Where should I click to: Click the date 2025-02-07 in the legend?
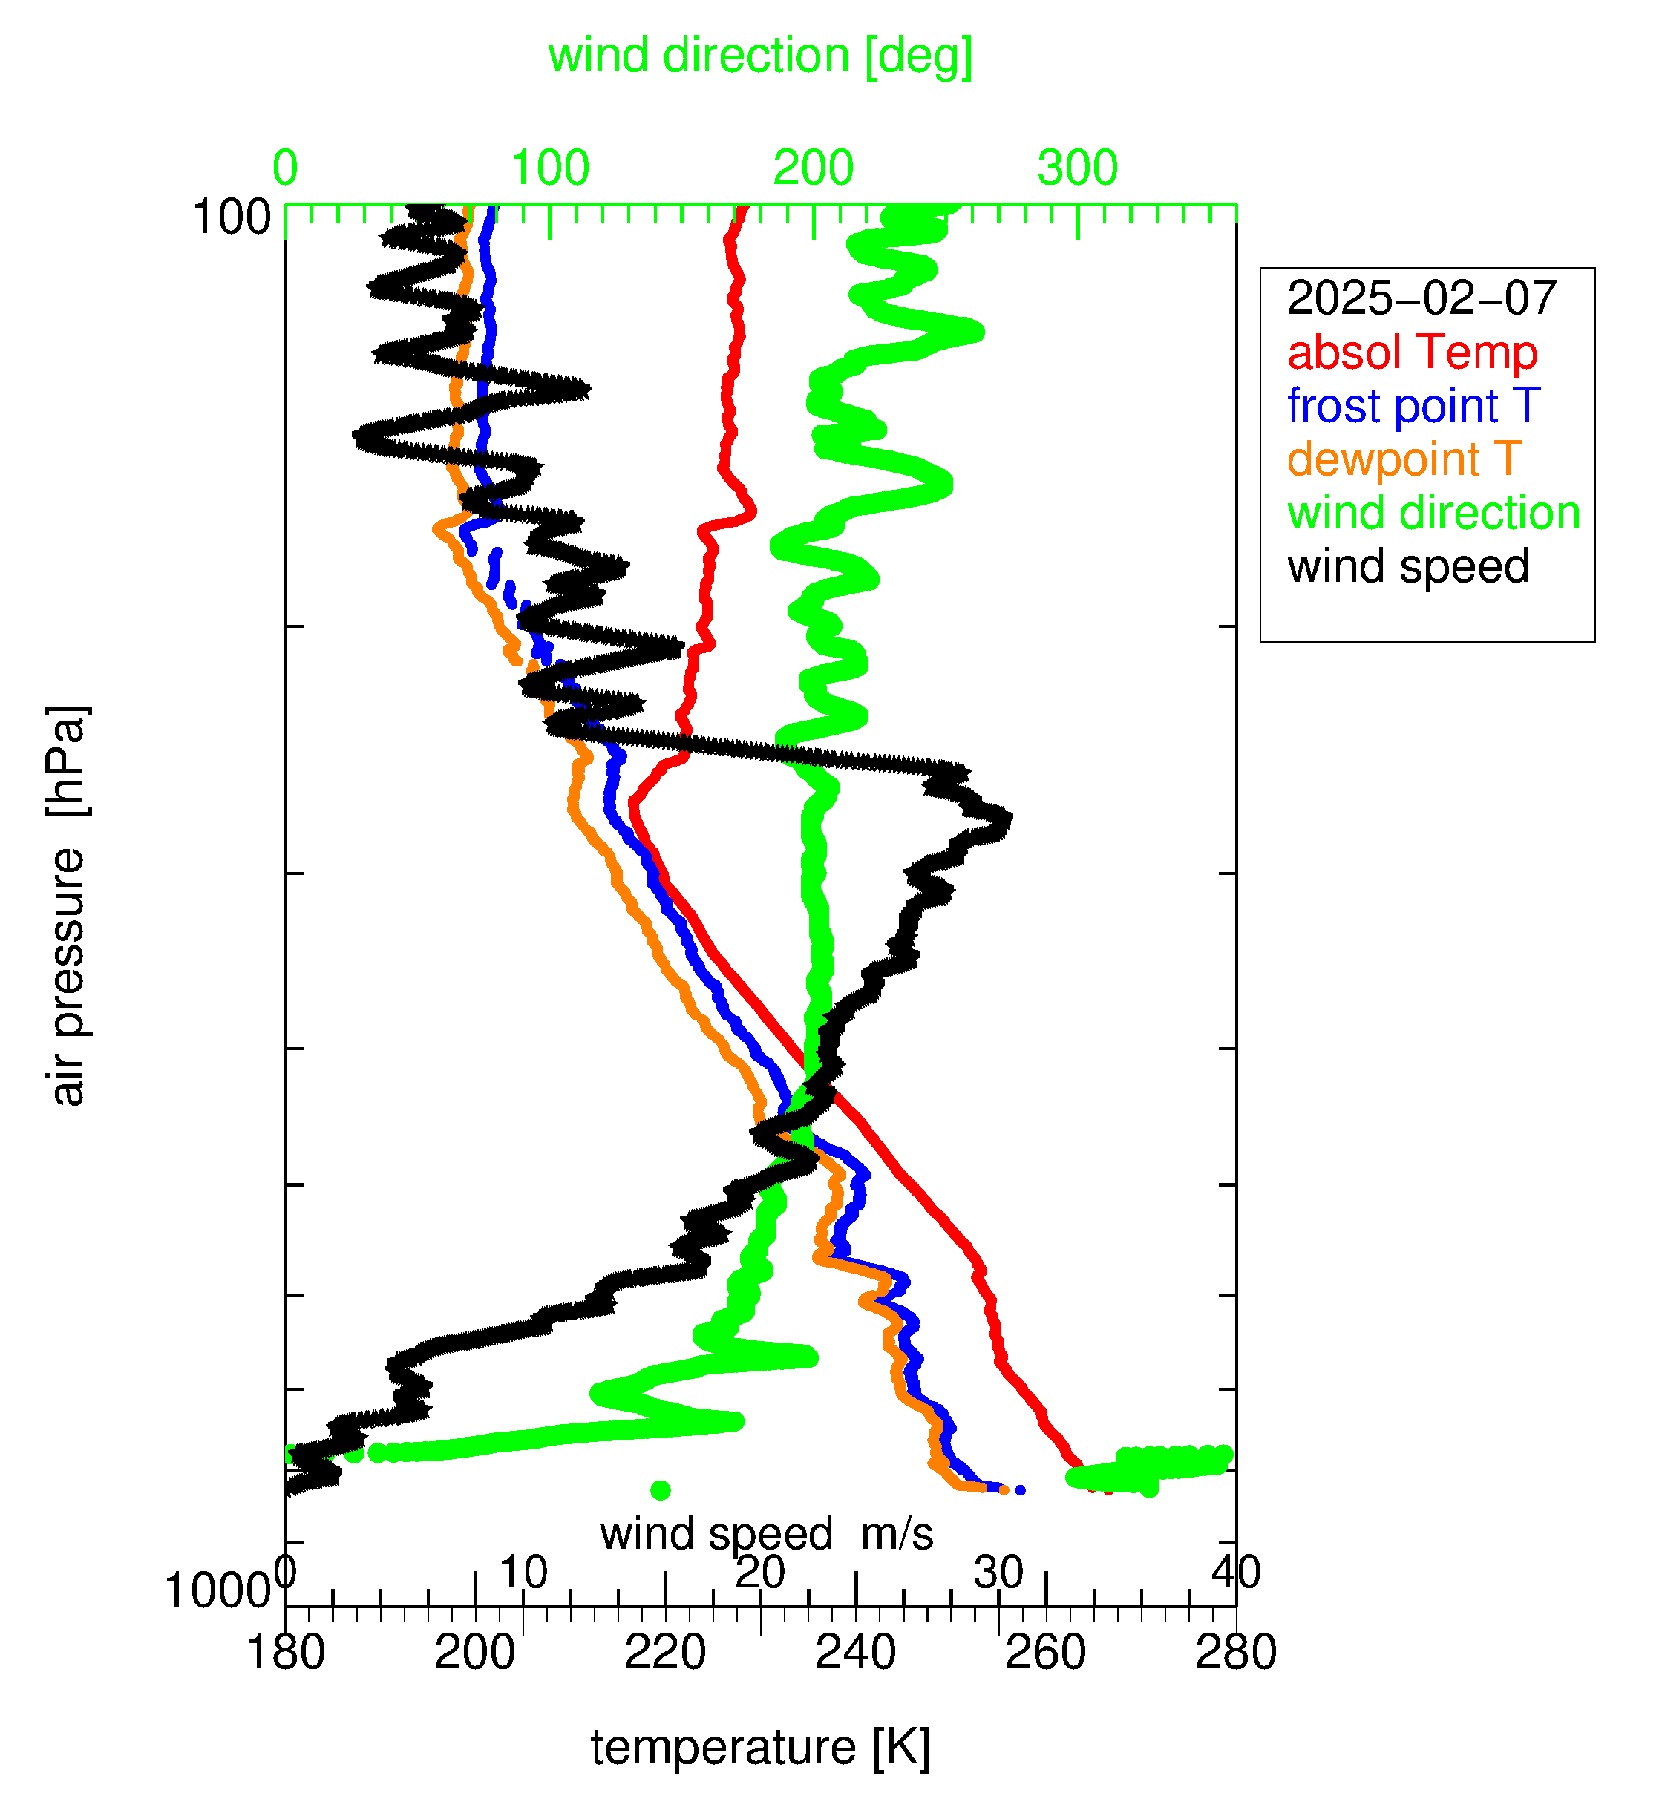point(1421,298)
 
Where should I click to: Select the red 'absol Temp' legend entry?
point(1412,353)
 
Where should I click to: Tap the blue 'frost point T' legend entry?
point(1413,405)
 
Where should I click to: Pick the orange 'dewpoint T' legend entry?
point(1404,459)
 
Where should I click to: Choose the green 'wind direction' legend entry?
point(1433,513)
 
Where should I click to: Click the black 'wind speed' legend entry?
point(1408,566)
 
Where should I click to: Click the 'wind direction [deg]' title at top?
point(760,56)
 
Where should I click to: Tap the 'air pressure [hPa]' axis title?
point(68,905)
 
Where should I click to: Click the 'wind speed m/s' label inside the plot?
point(767,1533)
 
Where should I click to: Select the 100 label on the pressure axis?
point(232,218)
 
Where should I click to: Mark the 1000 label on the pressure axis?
point(217,1592)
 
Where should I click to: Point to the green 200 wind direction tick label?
point(814,168)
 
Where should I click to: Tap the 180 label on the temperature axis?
point(286,1653)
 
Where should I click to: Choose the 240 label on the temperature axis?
point(856,1653)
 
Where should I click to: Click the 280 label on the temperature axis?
point(1236,1653)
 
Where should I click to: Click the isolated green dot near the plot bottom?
point(661,1490)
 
